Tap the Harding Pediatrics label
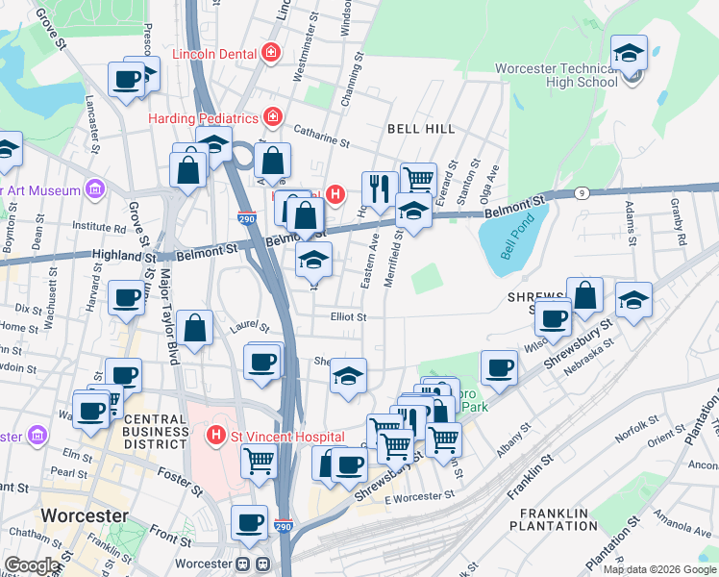pyautogui.click(x=204, y=118)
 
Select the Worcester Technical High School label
pyautogui.click(x=556, y=75)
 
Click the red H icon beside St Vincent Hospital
pyautogui.click(x=217, y=435)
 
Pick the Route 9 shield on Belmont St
pyautogui.click(x=582, y=193)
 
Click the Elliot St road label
pyautogui.click(x=348, y=316)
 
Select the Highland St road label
pyautogui.click(x=123, y=256)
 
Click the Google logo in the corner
pyautogui.click(x=32, y=565)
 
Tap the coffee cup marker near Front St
pyautogui.click(x=250, y=522)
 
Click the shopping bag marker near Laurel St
pyautogui.click(x=195, y=327)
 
